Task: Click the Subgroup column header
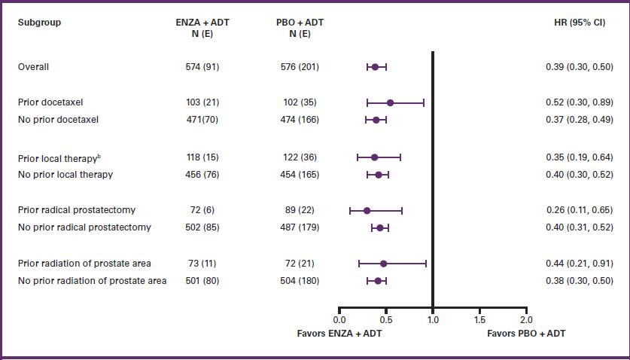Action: coord(39,23)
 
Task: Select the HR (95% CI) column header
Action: coord(579,23)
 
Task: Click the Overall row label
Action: coord(33,67)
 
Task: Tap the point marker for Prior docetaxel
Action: coord(390,102)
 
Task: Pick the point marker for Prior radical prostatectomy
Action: coord(367,211)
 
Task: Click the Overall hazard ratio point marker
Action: coord(375,67)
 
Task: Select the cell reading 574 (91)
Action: coord(202,67)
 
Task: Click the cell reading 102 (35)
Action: coord(299,102)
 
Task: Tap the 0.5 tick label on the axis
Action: coord(385,320)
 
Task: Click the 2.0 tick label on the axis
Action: coord(525,320)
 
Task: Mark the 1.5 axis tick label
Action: coord(479,320)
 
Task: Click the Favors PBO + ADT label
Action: coord(526,333)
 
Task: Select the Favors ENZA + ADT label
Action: coord(339,333)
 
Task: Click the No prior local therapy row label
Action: coord(65,175)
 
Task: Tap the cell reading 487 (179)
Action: coord(299,227)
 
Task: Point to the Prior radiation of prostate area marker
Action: coord(383,264)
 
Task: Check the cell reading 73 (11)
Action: coord(202,264)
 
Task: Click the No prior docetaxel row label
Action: coord(58,120)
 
